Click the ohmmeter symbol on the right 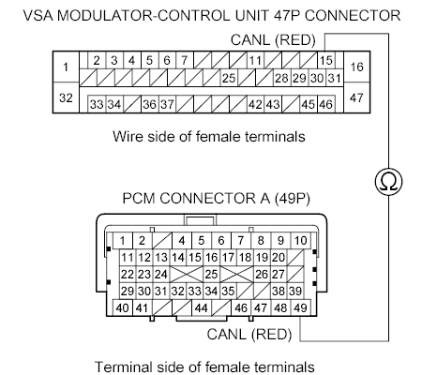[387, 180]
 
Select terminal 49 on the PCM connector [300, 307]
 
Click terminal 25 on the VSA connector [228, 76]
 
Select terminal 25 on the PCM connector [212, 273]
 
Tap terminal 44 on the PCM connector [201, 307]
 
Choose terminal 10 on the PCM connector [300, 240]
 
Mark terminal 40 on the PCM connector [123, 307]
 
